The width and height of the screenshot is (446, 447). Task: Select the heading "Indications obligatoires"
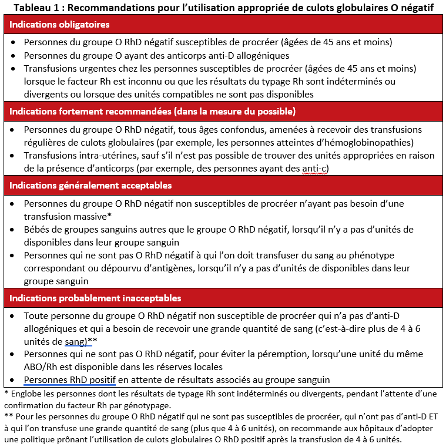click(x=59, y=25)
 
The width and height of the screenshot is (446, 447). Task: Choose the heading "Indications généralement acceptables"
click(x=90, y=185)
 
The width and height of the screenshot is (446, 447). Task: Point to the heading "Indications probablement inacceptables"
click(x=95, y=298)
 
